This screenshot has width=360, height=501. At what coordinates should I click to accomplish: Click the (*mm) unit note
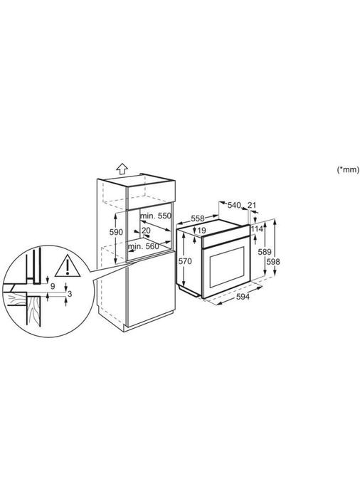click(x=347, y=169)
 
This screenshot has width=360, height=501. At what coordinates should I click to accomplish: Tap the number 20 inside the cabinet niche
click(x=145, y=231)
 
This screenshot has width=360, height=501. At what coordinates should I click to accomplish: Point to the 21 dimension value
click(x=251, y=206)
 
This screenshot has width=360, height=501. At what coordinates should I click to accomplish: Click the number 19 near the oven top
click(x=201, y=231)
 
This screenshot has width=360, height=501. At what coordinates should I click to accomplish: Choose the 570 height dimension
click(x=184, y=261)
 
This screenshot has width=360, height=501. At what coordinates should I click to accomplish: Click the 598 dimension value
click(x=272, y=262)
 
